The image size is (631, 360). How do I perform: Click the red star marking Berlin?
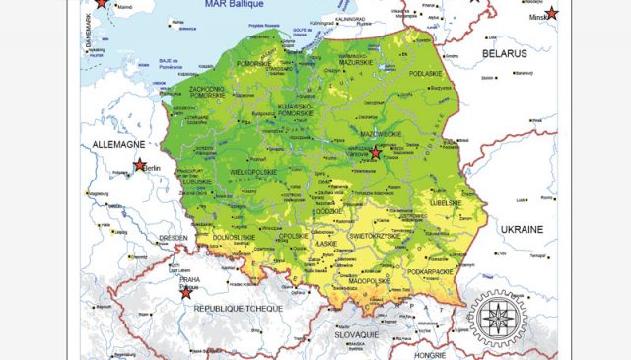point(139,166)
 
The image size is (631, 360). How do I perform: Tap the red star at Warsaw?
point(375,153)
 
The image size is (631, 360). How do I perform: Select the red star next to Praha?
point(186,292)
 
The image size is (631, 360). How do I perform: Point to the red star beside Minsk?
point(552,13)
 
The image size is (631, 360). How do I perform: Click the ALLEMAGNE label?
point(118,144)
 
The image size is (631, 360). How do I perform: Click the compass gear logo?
point(497,318)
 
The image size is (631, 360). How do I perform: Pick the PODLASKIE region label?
point(426,73)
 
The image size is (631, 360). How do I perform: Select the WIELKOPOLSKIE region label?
point(254,171)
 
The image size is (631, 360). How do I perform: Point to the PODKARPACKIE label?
point(430,270)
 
